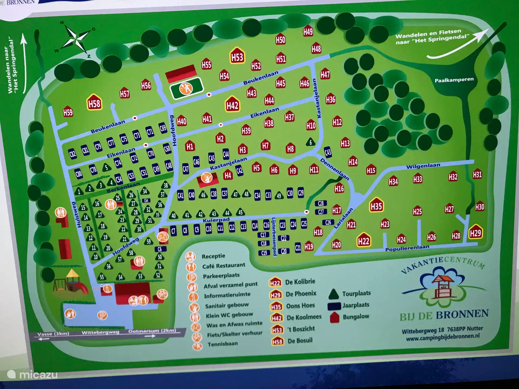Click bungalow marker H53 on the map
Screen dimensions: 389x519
pos(237,56)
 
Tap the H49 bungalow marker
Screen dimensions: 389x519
pos(308,32)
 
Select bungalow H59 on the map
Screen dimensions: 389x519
pos(68,112)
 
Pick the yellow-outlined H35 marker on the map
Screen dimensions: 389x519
pos(376,206)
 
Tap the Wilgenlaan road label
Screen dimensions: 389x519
pos(423,166)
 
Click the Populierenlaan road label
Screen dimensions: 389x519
pos(407,248)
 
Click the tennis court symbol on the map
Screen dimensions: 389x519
pos(186,88)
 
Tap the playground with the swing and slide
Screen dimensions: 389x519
pos(71,282)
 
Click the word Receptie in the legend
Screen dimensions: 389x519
pos(213,256)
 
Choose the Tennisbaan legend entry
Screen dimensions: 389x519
pos(222,344)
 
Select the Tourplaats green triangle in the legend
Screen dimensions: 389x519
pos(334,294)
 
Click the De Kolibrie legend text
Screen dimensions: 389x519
pos(300,282)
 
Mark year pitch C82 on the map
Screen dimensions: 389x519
pos(72,154)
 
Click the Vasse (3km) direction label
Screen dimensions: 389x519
pos(53,334)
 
